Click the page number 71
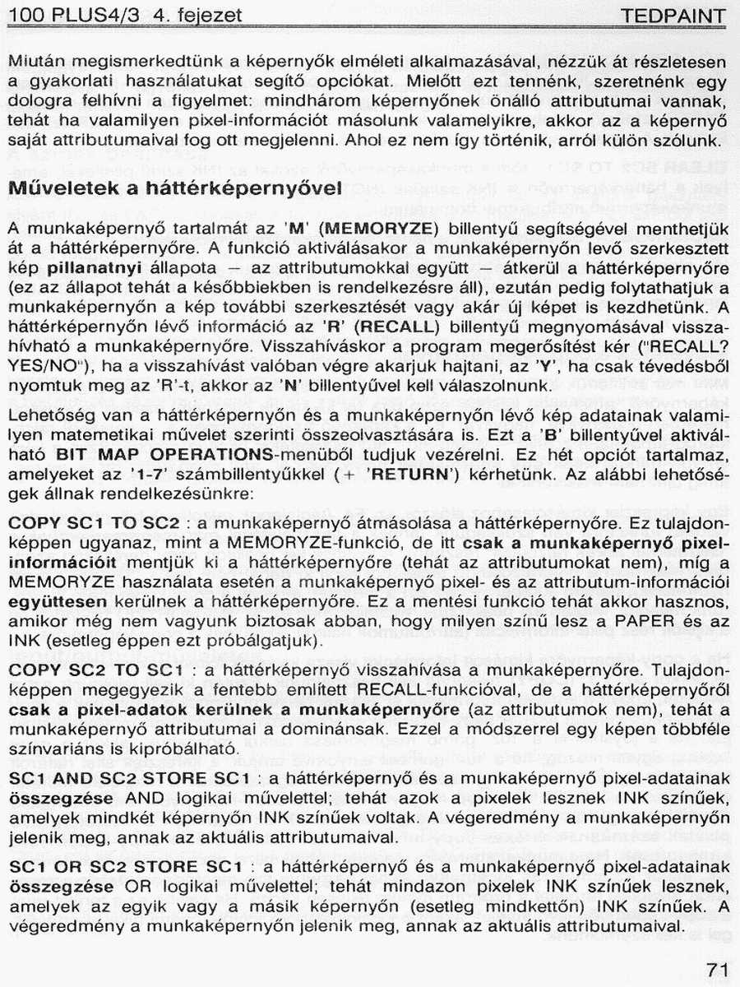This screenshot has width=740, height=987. pos(717,969)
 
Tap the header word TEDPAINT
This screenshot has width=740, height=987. pos(674,16)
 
